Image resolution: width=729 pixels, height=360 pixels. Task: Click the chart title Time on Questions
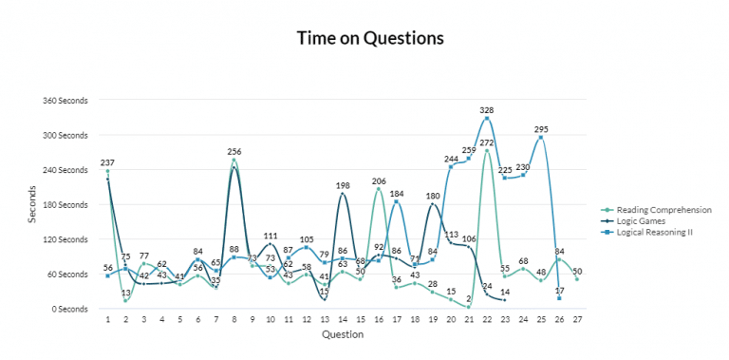369,39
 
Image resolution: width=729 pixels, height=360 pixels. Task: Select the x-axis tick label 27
576,320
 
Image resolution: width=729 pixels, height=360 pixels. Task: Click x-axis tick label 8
234,320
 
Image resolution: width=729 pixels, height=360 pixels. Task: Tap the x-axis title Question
342,335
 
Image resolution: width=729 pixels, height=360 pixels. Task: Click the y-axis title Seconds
32,204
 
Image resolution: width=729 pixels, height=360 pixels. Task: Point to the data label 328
487,109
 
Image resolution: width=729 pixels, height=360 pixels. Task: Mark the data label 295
542,128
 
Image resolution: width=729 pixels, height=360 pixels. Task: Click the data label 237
108,162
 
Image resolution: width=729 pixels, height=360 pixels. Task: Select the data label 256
234,151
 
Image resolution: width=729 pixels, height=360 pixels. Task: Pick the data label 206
379,180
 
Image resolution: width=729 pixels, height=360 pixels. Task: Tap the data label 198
343,185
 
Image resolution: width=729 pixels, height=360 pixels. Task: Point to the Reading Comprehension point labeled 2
469,307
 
